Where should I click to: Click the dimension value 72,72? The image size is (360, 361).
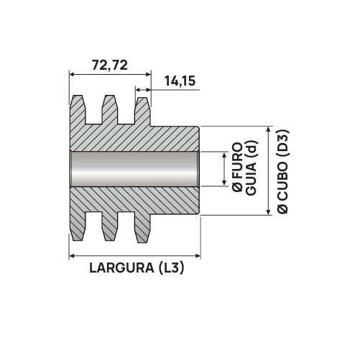(x=110, y=64)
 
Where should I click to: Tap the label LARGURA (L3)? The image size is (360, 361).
(x=137, y=269)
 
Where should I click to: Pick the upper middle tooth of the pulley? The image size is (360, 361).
(x=109, y=108)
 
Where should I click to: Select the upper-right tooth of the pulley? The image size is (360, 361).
(x=142, y=109)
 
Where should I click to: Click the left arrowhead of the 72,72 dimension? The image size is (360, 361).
(x=72, y=73)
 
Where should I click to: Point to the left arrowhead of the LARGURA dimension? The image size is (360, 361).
(x=72, y=255)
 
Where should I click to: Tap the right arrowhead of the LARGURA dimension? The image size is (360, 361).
(x=197, y=255)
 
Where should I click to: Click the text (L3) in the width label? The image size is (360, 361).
(x=172, y=269)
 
